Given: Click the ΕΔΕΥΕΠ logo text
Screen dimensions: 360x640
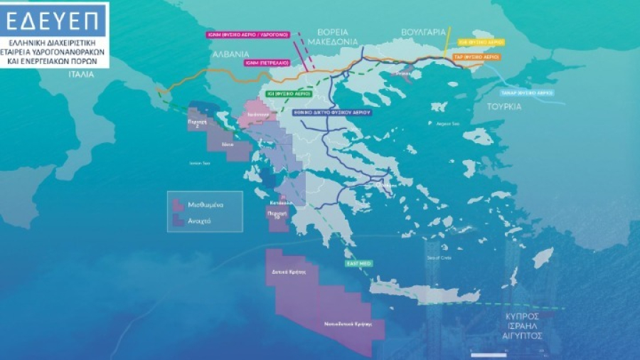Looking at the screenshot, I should (x=55, y=22).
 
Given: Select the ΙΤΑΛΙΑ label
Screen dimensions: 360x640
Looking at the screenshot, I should (x=81, y=74).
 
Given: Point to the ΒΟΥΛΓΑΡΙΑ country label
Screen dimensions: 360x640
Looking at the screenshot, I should (x=422, y=32).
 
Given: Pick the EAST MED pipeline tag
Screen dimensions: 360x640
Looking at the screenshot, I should (x=358, y=263).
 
